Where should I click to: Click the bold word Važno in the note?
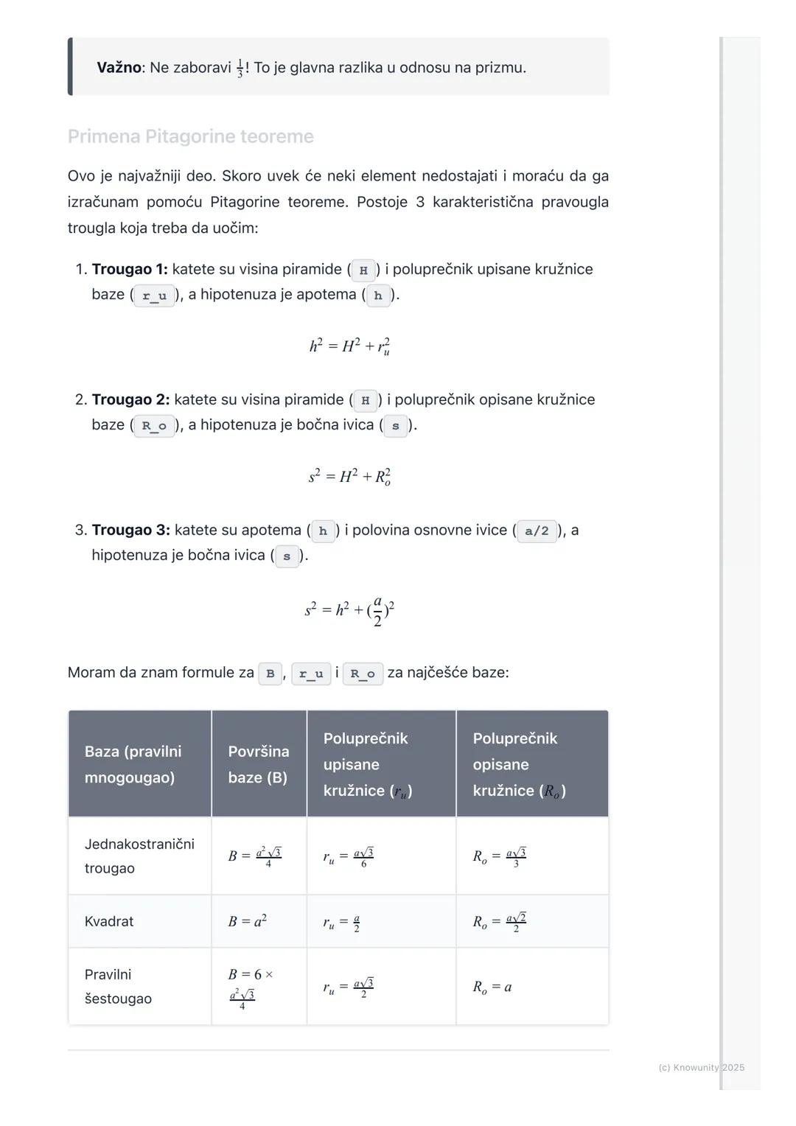[119, 68]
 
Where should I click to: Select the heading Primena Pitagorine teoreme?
[190, 136]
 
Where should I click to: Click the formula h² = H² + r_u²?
[349, 346]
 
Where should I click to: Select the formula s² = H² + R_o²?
[349, 477]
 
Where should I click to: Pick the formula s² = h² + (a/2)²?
[349, 611]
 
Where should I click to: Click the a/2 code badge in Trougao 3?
[537, 531]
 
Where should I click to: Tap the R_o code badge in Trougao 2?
[154, 426]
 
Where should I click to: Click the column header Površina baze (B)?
[258, 764]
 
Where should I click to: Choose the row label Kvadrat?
[109, 921]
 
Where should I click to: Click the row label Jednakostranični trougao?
[139, 856]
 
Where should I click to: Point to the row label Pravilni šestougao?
[118, 986]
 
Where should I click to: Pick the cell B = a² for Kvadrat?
[248, 921]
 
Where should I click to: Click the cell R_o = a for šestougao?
[492, 987]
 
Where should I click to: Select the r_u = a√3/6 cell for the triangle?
[348, 856]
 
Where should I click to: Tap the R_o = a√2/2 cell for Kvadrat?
[499, 922]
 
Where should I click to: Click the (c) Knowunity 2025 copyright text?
[701, 1067]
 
